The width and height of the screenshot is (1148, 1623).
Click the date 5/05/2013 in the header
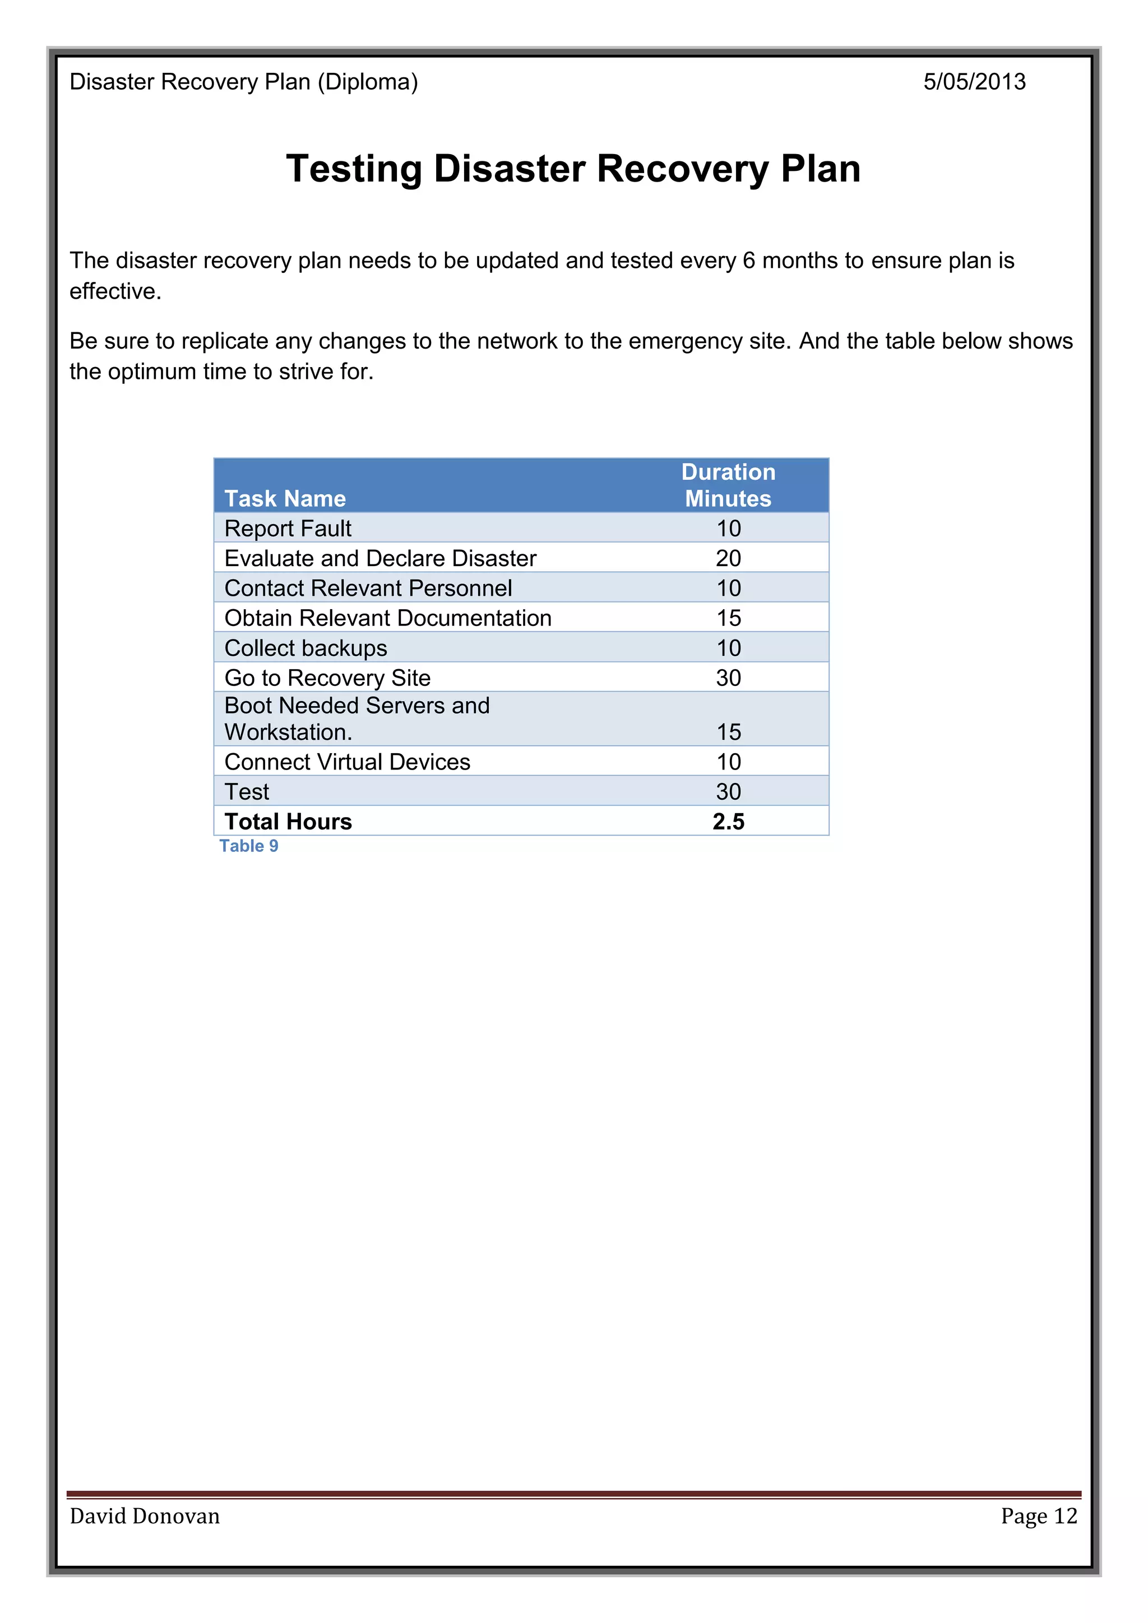[x=974, y=82]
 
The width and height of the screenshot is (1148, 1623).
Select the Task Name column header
[x=285, y=498]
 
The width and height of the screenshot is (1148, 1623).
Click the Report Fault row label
[x=288, y=528]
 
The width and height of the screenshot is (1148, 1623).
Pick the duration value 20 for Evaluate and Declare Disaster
[x=728, y=558]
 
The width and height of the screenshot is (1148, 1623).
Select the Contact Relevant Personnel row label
[x=368, y=588]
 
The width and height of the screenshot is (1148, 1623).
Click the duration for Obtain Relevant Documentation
[x=728, y=618]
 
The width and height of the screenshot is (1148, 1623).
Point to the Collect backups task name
[x=305, y=648]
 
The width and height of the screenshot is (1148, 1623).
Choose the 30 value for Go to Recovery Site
[x=728, y=678]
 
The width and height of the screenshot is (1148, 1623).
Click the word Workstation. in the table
[x=288, y=732]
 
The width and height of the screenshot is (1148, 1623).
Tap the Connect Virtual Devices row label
[x=347, y=762]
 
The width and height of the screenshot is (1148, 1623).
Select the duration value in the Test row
[x=728, y=792]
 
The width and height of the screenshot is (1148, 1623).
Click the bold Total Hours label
[x=288, y=822]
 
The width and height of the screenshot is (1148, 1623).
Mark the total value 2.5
[x=728, y=822]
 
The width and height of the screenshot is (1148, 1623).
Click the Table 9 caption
[x=249, y=846]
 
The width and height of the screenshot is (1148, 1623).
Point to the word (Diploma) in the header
[x=368, y=82]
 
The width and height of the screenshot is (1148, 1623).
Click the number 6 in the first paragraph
[x=748, y=261]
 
